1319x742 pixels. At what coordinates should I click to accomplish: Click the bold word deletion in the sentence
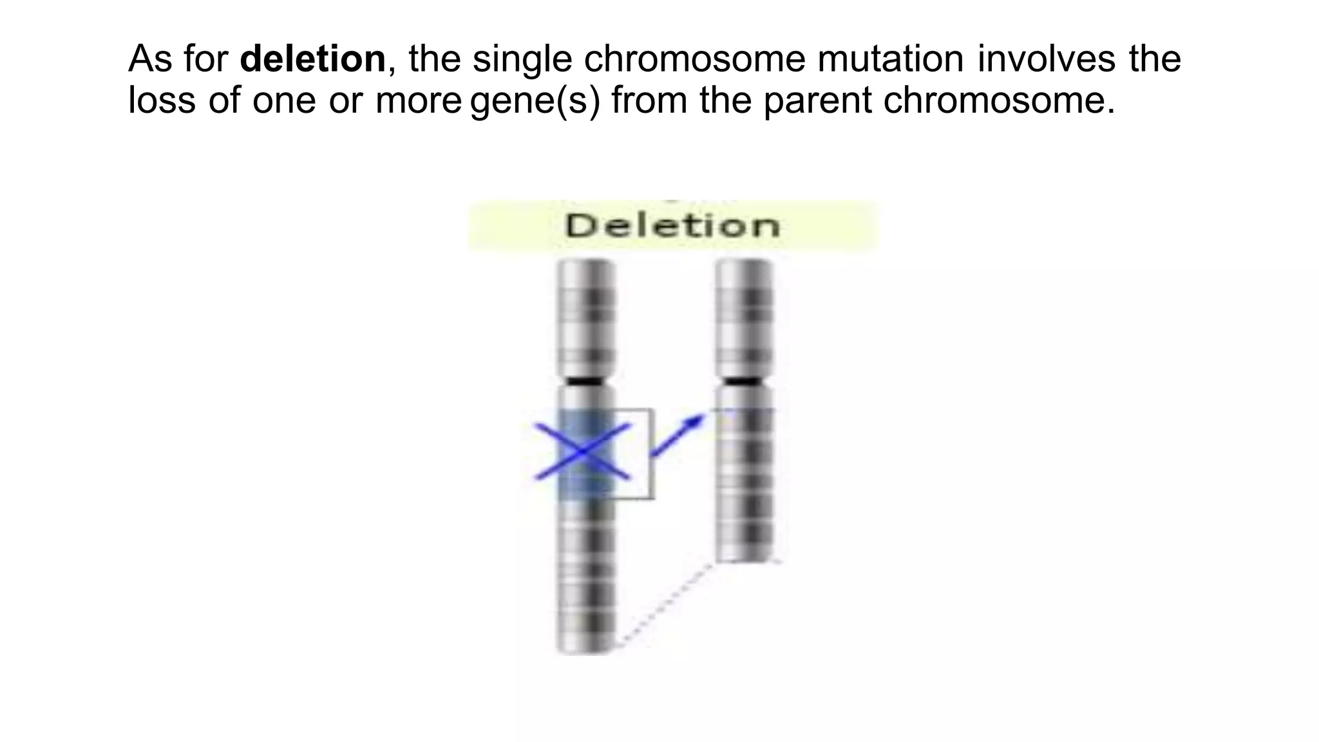click(x=312, y=59)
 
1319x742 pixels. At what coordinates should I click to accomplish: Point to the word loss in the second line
click(x=162, y=100)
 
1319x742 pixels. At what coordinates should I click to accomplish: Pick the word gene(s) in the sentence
click(x=535, y=101)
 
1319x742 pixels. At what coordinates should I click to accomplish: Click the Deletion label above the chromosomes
click(x=672, y=226)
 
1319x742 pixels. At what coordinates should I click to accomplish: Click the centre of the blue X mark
click(x=583, y=452)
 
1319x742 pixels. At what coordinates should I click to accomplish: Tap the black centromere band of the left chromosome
click(x=585, y=381)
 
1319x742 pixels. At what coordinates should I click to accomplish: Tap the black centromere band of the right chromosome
click(x=745, y=381)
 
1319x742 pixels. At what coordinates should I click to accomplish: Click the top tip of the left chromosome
click(x=585, y=263)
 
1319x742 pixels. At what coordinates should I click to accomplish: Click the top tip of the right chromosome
click(x=745, y=263)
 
